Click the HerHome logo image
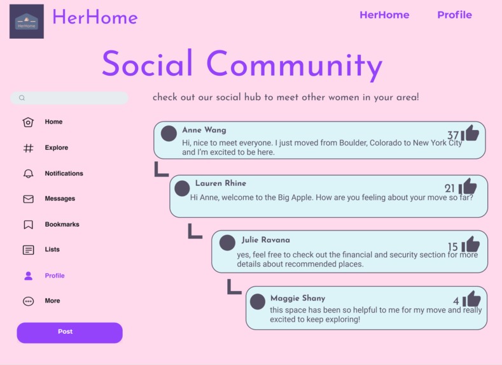pyautogui.click(x=27, y=21)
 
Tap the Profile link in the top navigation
pyautogui.click(x=454, y=15)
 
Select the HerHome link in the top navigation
pyautogui.click(x=384, y=15)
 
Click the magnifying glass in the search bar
pyautogui.click(x=22, y=98)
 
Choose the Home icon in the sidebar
pyautogui.click(x=28, y=122)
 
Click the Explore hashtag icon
pyautogui.click(x=28, y=148)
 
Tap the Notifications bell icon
pyautogui.click(x=28, y=174)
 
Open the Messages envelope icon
pyautogui.click(x=28, y=199)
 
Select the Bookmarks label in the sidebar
pyautogui.click(x=62, y=224)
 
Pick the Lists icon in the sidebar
pyautogui.click(x=28, y=250)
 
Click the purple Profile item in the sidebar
pyautogui.click(x=54, y=276)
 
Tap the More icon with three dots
pyautogui.click(x=28, y=301)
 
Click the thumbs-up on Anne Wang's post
pyautogui.click(x=470, y=132)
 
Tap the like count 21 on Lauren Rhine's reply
pyautogui.click(x=450, y=189)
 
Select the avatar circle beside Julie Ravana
pyautogui.click(x=227, y=242)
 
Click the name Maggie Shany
pyautogui.click(x=297, y=298)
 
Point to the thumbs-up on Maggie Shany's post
pyautogui.click(x=471, y=299)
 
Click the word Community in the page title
pyautogui.click(x=294, y=64)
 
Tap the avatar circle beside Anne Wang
pyautogui.click(x=169, y=133)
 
